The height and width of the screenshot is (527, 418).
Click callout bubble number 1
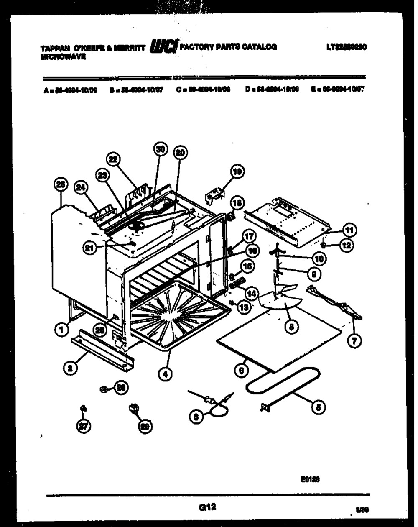pos(61,330)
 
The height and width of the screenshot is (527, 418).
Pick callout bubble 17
pos(249,236)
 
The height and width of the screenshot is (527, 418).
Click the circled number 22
pos(113,159)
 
